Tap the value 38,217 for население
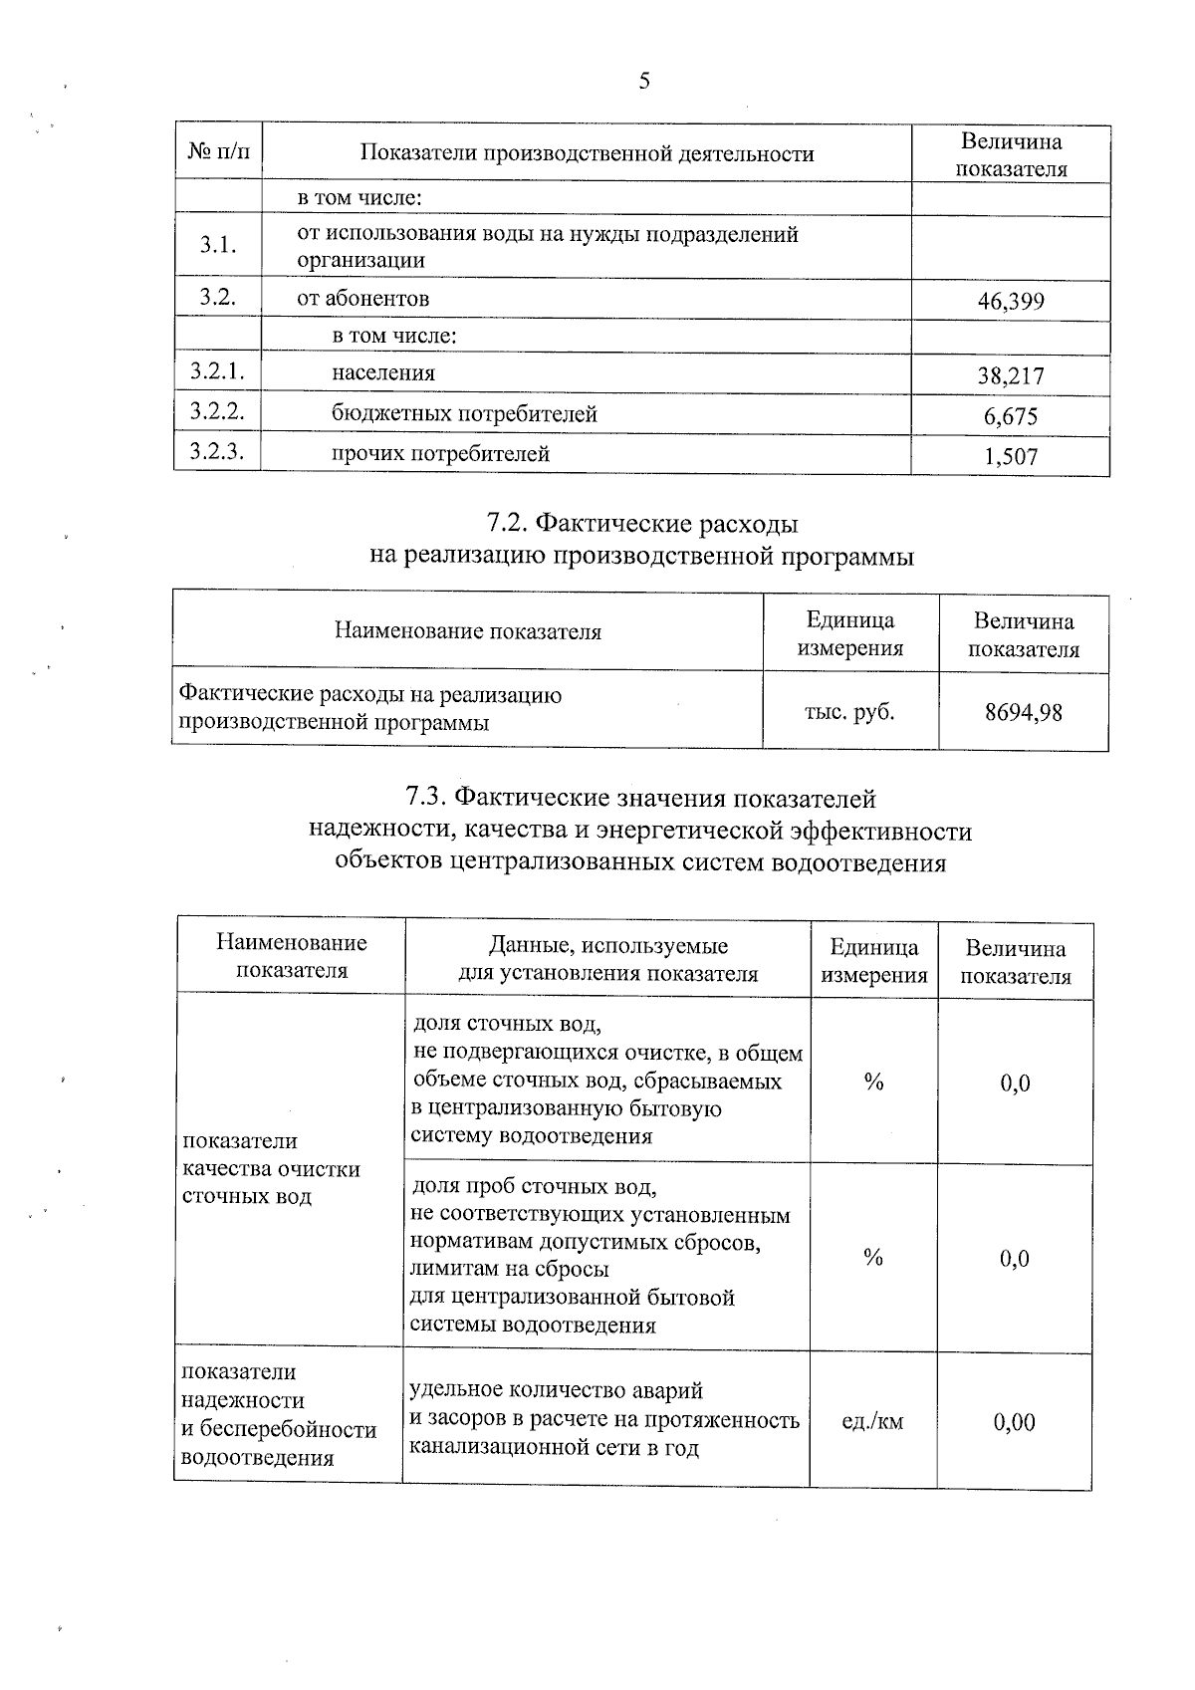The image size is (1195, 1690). (1011, 376)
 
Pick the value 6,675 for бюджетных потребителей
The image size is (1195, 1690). (1011, 416)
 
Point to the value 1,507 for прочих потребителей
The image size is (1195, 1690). (1011, 457)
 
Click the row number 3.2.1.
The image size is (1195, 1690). (217, 372)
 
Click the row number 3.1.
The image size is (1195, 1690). (217, 246)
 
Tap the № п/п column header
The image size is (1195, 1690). (219, 152)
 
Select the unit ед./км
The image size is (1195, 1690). (872, 1421)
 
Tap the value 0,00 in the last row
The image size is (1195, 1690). (1014, 1422)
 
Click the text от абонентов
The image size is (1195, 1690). (362, 298)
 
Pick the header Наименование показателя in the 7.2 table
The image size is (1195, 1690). (467, 631)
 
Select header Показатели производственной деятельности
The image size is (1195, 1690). (587, 153)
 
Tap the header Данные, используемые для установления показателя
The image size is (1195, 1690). (607, 959)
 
